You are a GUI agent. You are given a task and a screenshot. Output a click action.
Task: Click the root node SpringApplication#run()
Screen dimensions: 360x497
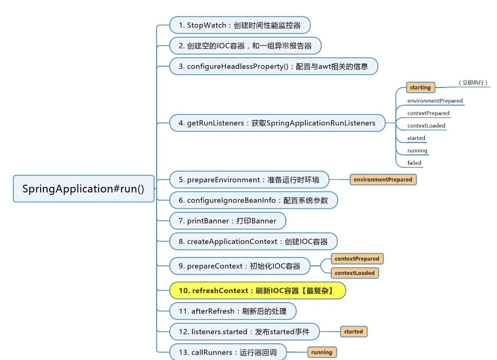84,189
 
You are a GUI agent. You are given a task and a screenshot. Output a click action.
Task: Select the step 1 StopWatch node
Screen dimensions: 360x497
240,25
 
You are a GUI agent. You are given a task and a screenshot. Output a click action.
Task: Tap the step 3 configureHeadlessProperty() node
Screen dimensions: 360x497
273,66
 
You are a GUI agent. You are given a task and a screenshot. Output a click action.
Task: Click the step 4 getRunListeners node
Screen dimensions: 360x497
277,123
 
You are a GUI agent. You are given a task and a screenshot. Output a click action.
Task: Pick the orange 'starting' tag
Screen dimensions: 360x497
420,88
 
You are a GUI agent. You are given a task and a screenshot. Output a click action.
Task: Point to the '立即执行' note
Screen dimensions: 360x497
473,82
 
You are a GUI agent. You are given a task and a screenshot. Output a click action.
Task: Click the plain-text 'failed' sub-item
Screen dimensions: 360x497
414,163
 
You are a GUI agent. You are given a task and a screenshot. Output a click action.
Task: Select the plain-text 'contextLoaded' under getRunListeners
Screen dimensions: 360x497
426,126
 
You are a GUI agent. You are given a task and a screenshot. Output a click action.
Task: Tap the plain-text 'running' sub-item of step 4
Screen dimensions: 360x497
417,151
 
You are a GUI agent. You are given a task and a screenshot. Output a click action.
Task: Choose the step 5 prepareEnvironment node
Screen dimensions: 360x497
249,180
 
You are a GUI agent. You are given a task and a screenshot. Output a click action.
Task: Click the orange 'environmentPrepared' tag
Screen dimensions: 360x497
383,180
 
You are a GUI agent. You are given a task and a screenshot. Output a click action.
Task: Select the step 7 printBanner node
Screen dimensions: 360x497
228,221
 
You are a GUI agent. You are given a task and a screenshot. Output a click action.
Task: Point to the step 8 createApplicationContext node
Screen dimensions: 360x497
253,242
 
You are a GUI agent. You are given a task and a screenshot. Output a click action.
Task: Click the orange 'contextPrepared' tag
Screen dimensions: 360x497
357,259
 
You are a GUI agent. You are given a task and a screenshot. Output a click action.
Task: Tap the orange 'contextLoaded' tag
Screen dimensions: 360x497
355,273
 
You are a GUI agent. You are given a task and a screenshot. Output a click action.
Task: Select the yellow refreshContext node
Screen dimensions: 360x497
257,291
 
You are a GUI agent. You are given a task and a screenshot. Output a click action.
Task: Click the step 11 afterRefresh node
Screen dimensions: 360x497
233,311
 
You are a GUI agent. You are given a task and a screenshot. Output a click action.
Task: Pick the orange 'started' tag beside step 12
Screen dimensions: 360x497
353,332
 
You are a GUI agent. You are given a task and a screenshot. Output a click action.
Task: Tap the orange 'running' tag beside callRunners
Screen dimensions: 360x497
322,352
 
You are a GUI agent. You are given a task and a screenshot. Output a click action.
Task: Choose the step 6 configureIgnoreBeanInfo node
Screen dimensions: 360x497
253,201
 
